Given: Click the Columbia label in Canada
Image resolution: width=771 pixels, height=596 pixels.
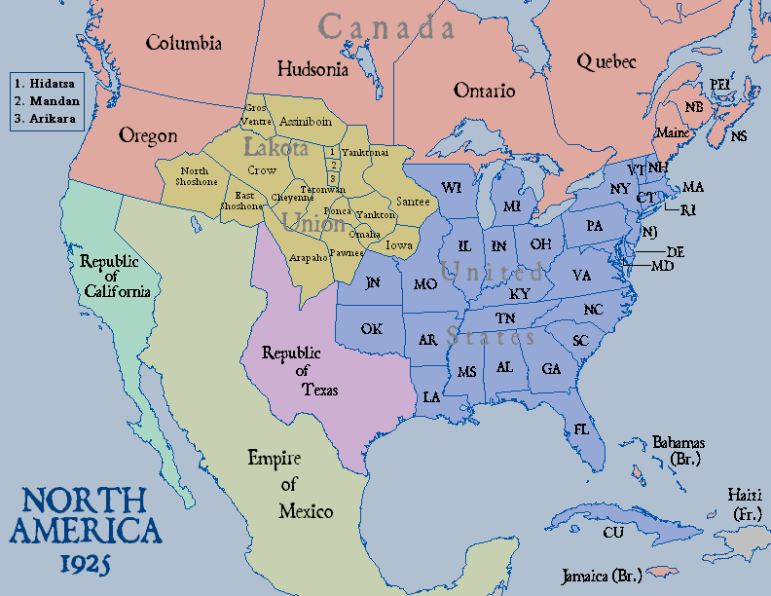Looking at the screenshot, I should coord(184,43).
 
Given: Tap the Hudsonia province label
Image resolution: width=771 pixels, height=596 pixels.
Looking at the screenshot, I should coord(312,69).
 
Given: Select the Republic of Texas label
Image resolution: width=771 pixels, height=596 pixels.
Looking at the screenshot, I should coord(300,371).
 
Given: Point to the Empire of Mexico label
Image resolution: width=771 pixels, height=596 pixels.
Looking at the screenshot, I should coord(290,484).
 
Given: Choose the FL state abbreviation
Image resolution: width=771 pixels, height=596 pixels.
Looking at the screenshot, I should coord(581,428).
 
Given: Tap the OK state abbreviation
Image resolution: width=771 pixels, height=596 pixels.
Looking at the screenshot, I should coord(371,328).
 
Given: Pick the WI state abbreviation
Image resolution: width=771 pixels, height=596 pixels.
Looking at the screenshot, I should coord(451,187).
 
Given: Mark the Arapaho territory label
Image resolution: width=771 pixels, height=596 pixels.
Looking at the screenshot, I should coord(308,257).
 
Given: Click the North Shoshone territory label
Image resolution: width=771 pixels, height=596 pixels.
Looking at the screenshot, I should coord(198,176).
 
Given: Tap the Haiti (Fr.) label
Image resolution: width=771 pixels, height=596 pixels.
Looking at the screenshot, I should coord(748,503).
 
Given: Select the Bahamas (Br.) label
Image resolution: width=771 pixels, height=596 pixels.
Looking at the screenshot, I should coord(679,449).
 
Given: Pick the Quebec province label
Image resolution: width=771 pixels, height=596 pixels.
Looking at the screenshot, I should coord(606,61).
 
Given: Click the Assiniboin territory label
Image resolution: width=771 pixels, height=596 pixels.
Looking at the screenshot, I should coord(305,122).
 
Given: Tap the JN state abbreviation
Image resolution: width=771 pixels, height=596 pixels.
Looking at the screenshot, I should coord(372,282).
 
